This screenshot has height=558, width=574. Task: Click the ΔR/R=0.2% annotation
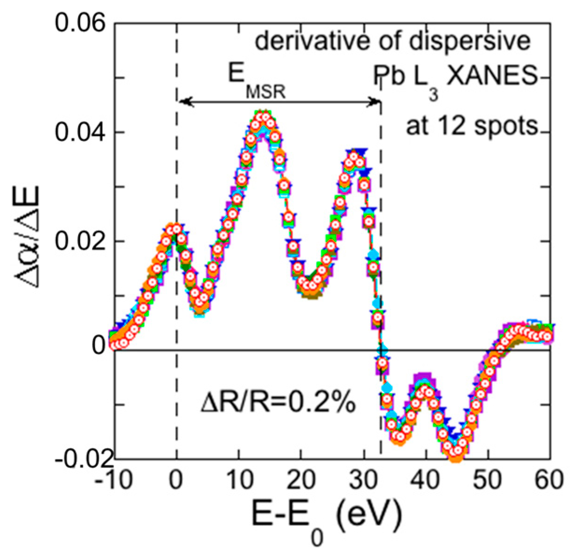click(x=278, y=403)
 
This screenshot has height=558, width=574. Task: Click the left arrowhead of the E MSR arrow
click(x=183, y=101)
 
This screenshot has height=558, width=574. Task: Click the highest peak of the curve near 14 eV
click(x=263, y=116)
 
